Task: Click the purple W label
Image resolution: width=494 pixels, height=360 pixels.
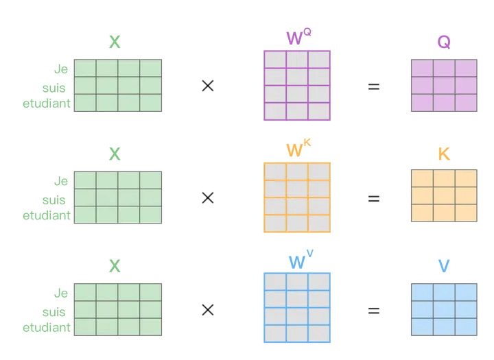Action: (297, 37)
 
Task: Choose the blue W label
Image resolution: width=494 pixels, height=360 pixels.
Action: (297, 259)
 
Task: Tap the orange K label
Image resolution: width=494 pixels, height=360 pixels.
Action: (443, 154)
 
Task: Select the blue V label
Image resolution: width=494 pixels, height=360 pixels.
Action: (443, 265)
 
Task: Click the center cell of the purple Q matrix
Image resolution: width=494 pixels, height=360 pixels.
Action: (443, 85)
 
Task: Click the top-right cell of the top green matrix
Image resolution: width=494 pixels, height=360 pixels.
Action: (151, 69)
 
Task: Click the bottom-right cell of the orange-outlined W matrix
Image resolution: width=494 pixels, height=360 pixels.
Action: (320, 224)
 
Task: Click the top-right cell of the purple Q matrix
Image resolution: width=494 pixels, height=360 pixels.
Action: (465, 67)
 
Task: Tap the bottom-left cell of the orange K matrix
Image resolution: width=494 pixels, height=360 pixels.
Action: (420, 213)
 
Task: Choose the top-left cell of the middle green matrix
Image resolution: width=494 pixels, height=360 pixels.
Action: (84, 180)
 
